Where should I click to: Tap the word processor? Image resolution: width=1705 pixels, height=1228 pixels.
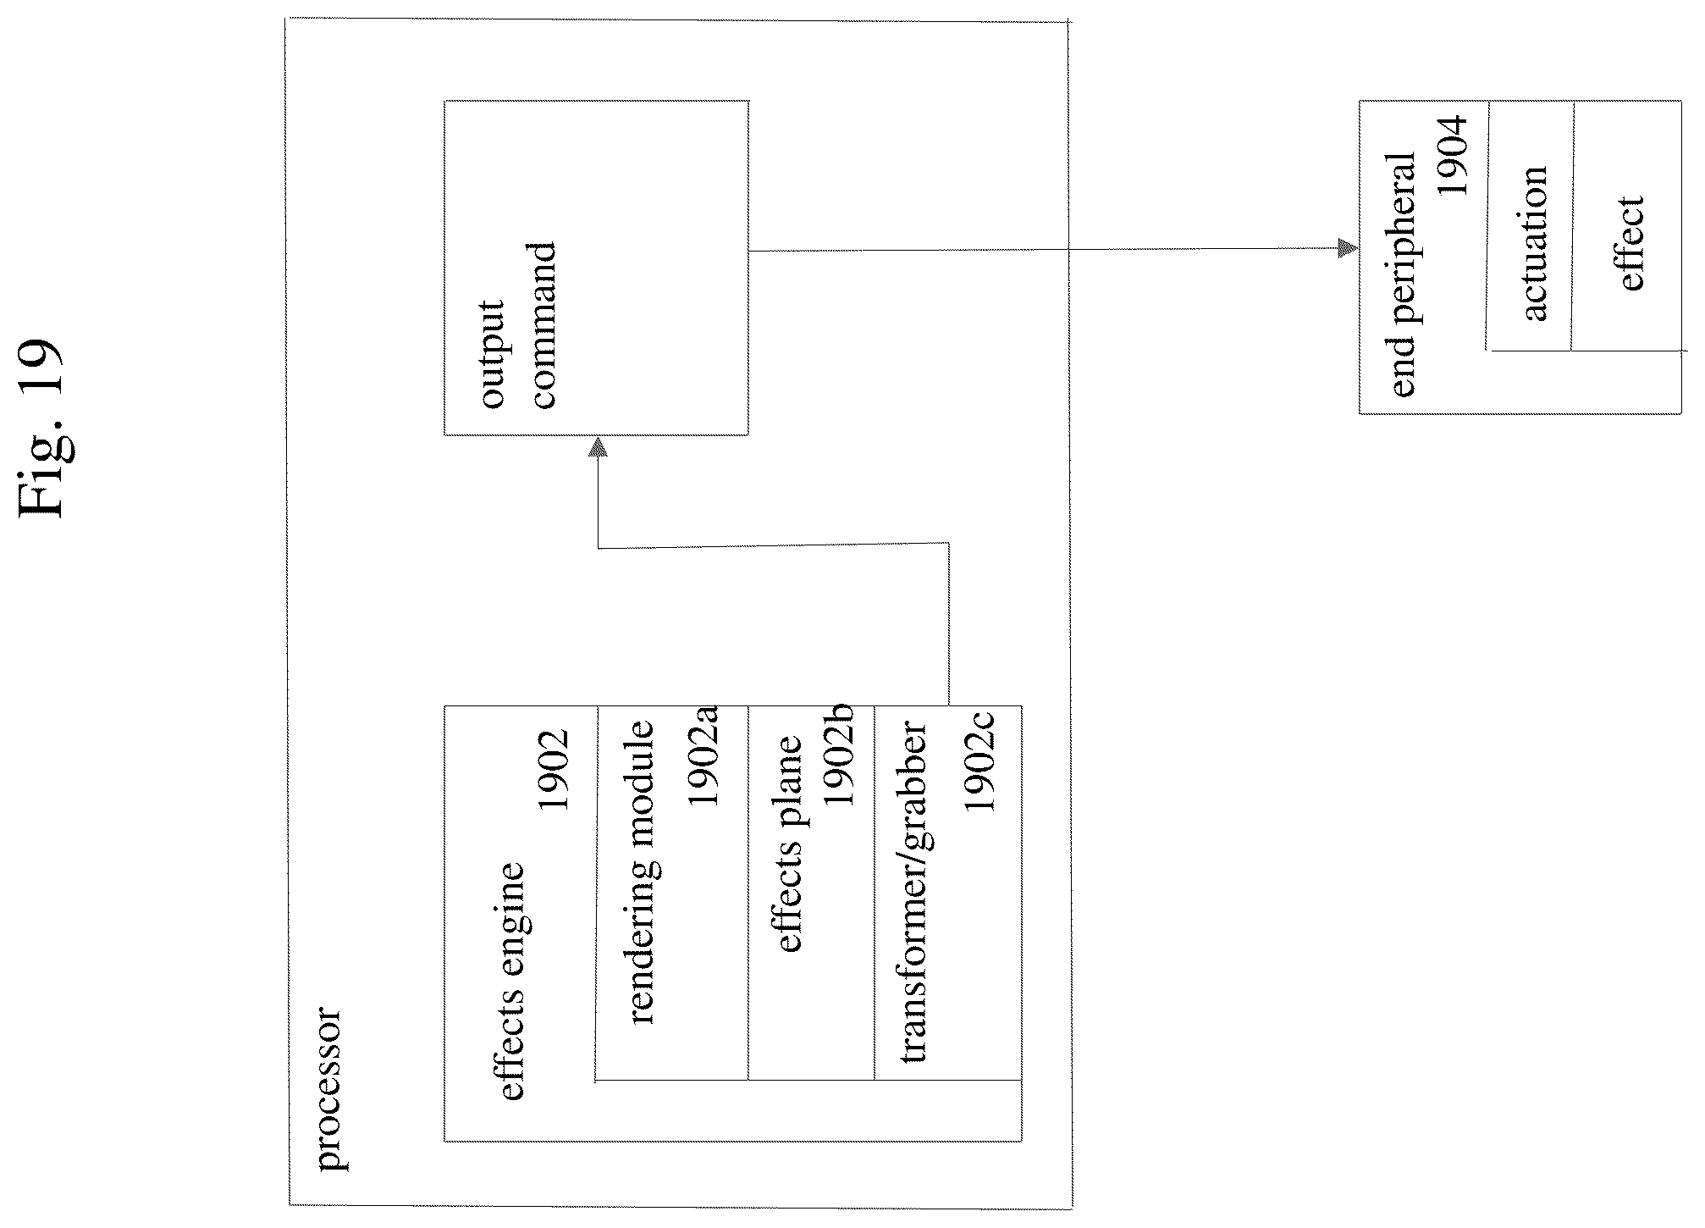click(329, 1088)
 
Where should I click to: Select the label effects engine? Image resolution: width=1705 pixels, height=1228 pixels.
click(513, 981)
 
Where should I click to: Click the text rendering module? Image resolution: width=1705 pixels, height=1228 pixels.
click(643, 872)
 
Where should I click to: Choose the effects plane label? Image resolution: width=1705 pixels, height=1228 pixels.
click(787, 844)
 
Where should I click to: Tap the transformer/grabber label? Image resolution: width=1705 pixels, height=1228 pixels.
click(913, 892)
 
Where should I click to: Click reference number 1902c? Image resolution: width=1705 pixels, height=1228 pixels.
click(979, 763)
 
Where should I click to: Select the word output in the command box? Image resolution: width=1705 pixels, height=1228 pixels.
click(492, 354)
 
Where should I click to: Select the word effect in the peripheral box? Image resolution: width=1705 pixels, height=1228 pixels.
click(1631, 243)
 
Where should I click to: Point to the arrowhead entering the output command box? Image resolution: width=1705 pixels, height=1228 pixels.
click(598, 447)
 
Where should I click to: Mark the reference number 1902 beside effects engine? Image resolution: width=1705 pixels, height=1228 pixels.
click(554, 770)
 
